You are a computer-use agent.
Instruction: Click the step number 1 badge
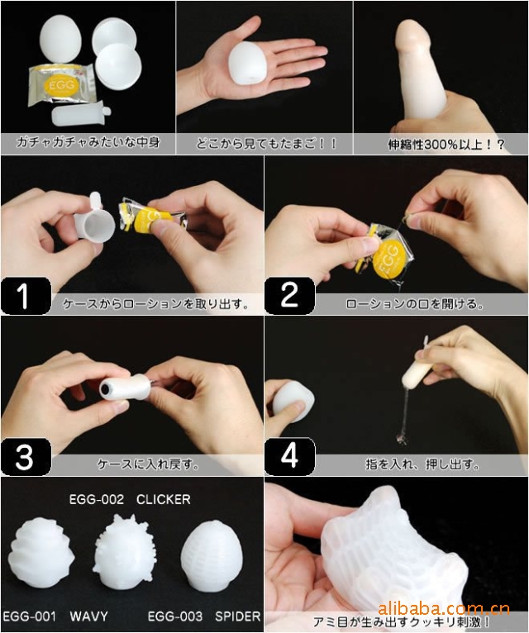click(26, 296)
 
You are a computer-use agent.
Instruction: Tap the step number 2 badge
click(289, 296)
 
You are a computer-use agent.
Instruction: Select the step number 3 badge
click(26, 457)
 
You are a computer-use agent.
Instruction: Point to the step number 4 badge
click(289, 457)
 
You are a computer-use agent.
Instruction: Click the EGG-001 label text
click(29, 616)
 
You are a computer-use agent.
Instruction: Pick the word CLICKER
click(163, 499)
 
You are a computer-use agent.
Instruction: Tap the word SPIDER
click(238, 616)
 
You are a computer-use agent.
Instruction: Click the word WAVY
click(88, 616)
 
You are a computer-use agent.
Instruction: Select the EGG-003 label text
click(175, 616)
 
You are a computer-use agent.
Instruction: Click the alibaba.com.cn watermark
click(444, 608)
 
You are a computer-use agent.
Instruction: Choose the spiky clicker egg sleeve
click(122, 552)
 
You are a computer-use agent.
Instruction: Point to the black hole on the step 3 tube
click(106, 388)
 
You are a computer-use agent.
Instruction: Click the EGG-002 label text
click(97, 499)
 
